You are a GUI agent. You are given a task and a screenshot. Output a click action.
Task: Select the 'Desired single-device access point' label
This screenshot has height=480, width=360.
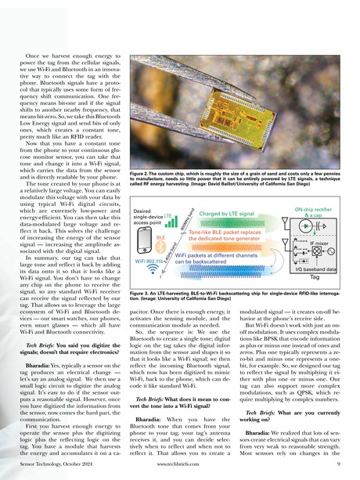click(x=160, y=219)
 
